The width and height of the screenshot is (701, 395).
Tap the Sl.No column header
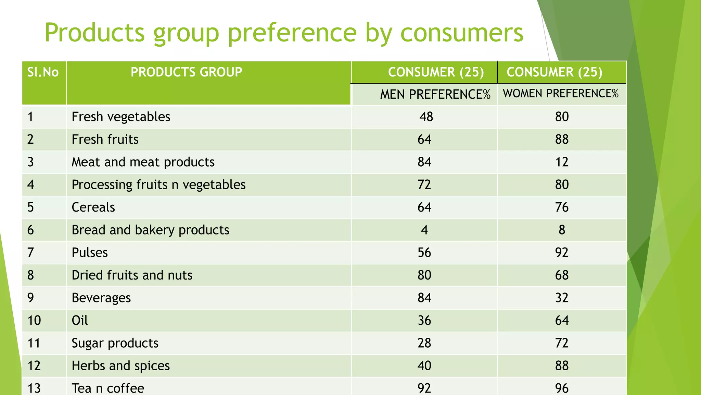pyautogui.click(x=43, y=72)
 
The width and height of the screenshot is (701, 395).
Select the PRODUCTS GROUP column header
pyautogui.click(x=186, y=72)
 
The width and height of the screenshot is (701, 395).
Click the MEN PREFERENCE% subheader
pyautogui.click(x=435, y=94)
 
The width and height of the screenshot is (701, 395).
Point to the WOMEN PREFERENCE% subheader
pyautogui.click(x=561, y=94)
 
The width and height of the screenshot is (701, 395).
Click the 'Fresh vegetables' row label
pyautogui.click(x=121, y=117)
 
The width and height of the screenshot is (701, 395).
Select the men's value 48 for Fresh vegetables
pyautogui.click(x=426, y=117)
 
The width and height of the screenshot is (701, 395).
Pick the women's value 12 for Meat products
pyautogui.click(x=562, y=162)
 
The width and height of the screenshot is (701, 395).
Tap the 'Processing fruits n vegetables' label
pyautogui.click(x=158, y=185)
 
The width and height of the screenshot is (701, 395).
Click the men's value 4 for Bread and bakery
pyautogui.click(x=424, y=230)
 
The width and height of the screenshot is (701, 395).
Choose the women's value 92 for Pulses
pyautogui.click(x=562, y=253)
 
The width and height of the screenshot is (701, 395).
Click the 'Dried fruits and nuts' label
pyautogui.click(x=132, y=275)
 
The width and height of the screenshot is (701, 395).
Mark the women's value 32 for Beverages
pyautogui.click(x=562, y=298)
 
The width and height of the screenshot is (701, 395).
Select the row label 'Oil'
pyautogui.click(x=80, y=321)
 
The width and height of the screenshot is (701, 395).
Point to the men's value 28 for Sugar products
pyautogui.click(x=424, y=343)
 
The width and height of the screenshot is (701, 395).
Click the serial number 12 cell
pyautogui.click(x=34, y=366)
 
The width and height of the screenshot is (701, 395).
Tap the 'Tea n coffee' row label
pyautogui.click(x=108, y=388)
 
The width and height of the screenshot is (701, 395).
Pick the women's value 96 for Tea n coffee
pyautogui.click(x=562, y=388)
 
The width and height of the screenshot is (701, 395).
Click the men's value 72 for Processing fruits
pyautogui.click(x=424, y=185)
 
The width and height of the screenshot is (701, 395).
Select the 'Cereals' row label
pyautogui.click(x=93, y=207)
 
